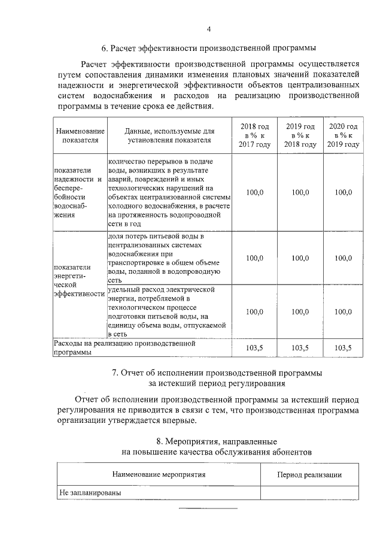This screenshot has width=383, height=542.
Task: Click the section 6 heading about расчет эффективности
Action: (208, 48)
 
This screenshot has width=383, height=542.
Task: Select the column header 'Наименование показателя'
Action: (80, 135)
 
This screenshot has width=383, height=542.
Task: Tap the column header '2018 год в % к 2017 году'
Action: (255, 135)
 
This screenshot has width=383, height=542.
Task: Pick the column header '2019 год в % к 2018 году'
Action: (300, 135)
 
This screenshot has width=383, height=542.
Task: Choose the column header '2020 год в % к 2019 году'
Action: (344, 135)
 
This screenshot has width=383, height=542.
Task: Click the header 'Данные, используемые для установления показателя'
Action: (169, 135)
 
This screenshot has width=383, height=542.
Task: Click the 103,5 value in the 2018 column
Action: (255, 347)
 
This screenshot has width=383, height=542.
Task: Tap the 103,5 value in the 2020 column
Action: (344, 347)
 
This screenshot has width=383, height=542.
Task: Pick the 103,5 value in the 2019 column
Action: (300, 347)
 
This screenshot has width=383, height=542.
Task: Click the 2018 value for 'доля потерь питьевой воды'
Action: (255, 258)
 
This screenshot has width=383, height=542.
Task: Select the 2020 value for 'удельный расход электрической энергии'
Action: (344, 311)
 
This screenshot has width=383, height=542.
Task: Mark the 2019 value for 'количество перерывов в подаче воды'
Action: (300, 192)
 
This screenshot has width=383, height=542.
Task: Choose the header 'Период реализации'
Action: (309, 474)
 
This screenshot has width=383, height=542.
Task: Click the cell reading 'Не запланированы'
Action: (87, 493)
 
